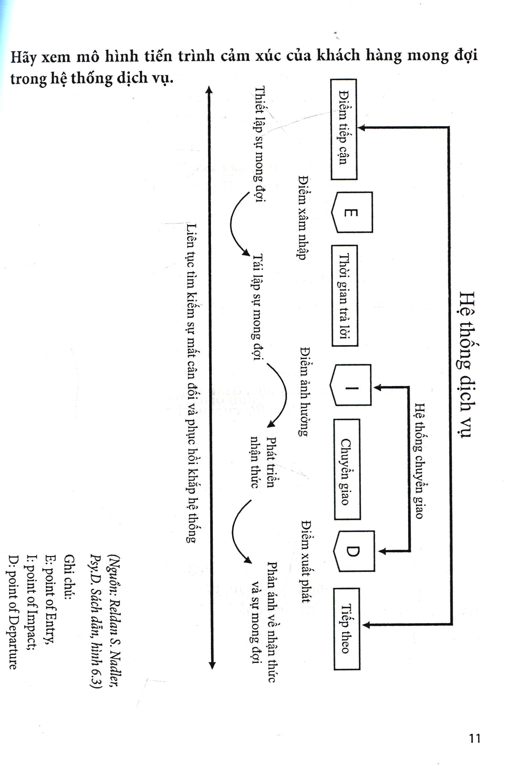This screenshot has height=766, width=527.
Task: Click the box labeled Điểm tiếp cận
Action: pos(344,129)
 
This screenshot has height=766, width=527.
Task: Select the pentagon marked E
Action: pos(352,212)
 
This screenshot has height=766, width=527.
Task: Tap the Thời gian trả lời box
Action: pos(345,295)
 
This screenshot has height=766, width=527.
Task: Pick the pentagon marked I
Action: pos(351,385)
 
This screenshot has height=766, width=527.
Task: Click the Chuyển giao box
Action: pos(346,469)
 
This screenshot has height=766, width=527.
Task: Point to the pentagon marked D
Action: pos(354,551)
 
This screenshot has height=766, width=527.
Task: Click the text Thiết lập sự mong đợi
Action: pos(260,144)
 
